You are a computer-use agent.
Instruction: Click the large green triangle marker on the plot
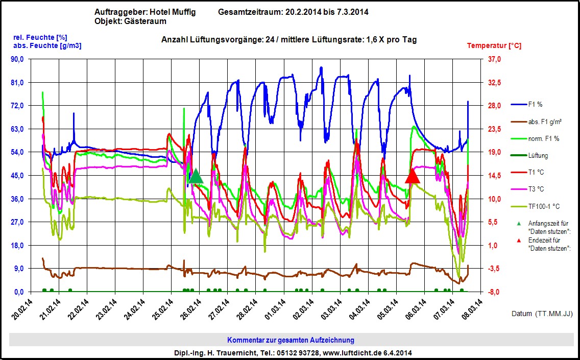click(196, 177)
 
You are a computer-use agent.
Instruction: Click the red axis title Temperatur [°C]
click(494, 46)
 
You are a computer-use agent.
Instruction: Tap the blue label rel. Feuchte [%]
click(40, 37)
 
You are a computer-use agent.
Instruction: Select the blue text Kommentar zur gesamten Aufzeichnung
click(291, 340)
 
